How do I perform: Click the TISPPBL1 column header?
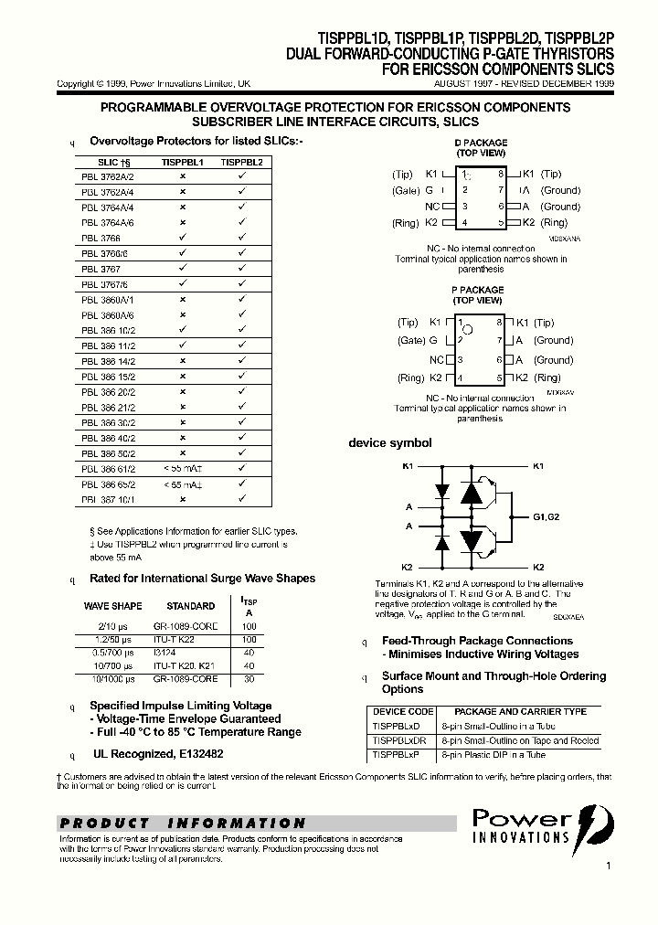pos(183,161)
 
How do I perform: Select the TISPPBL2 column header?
pos(241,161)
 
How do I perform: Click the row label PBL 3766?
pos(101,238)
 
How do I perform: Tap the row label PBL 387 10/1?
pos(108,500)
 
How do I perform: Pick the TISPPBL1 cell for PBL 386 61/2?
pos(183,468)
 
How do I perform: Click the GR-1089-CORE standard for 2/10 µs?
pos(192,625)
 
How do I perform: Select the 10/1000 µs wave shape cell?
pos(112,680)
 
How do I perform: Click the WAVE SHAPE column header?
pos(112,606)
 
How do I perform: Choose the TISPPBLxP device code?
pos(397,755)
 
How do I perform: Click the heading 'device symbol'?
pos(390,443)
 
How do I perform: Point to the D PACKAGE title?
pos(481,144)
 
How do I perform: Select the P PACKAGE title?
pos(478,290)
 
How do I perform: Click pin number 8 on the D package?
pos(501,174)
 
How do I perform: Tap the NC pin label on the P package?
pos(436,360)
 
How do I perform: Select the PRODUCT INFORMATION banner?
pos(183,823)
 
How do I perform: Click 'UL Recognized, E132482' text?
pos(157,754)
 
